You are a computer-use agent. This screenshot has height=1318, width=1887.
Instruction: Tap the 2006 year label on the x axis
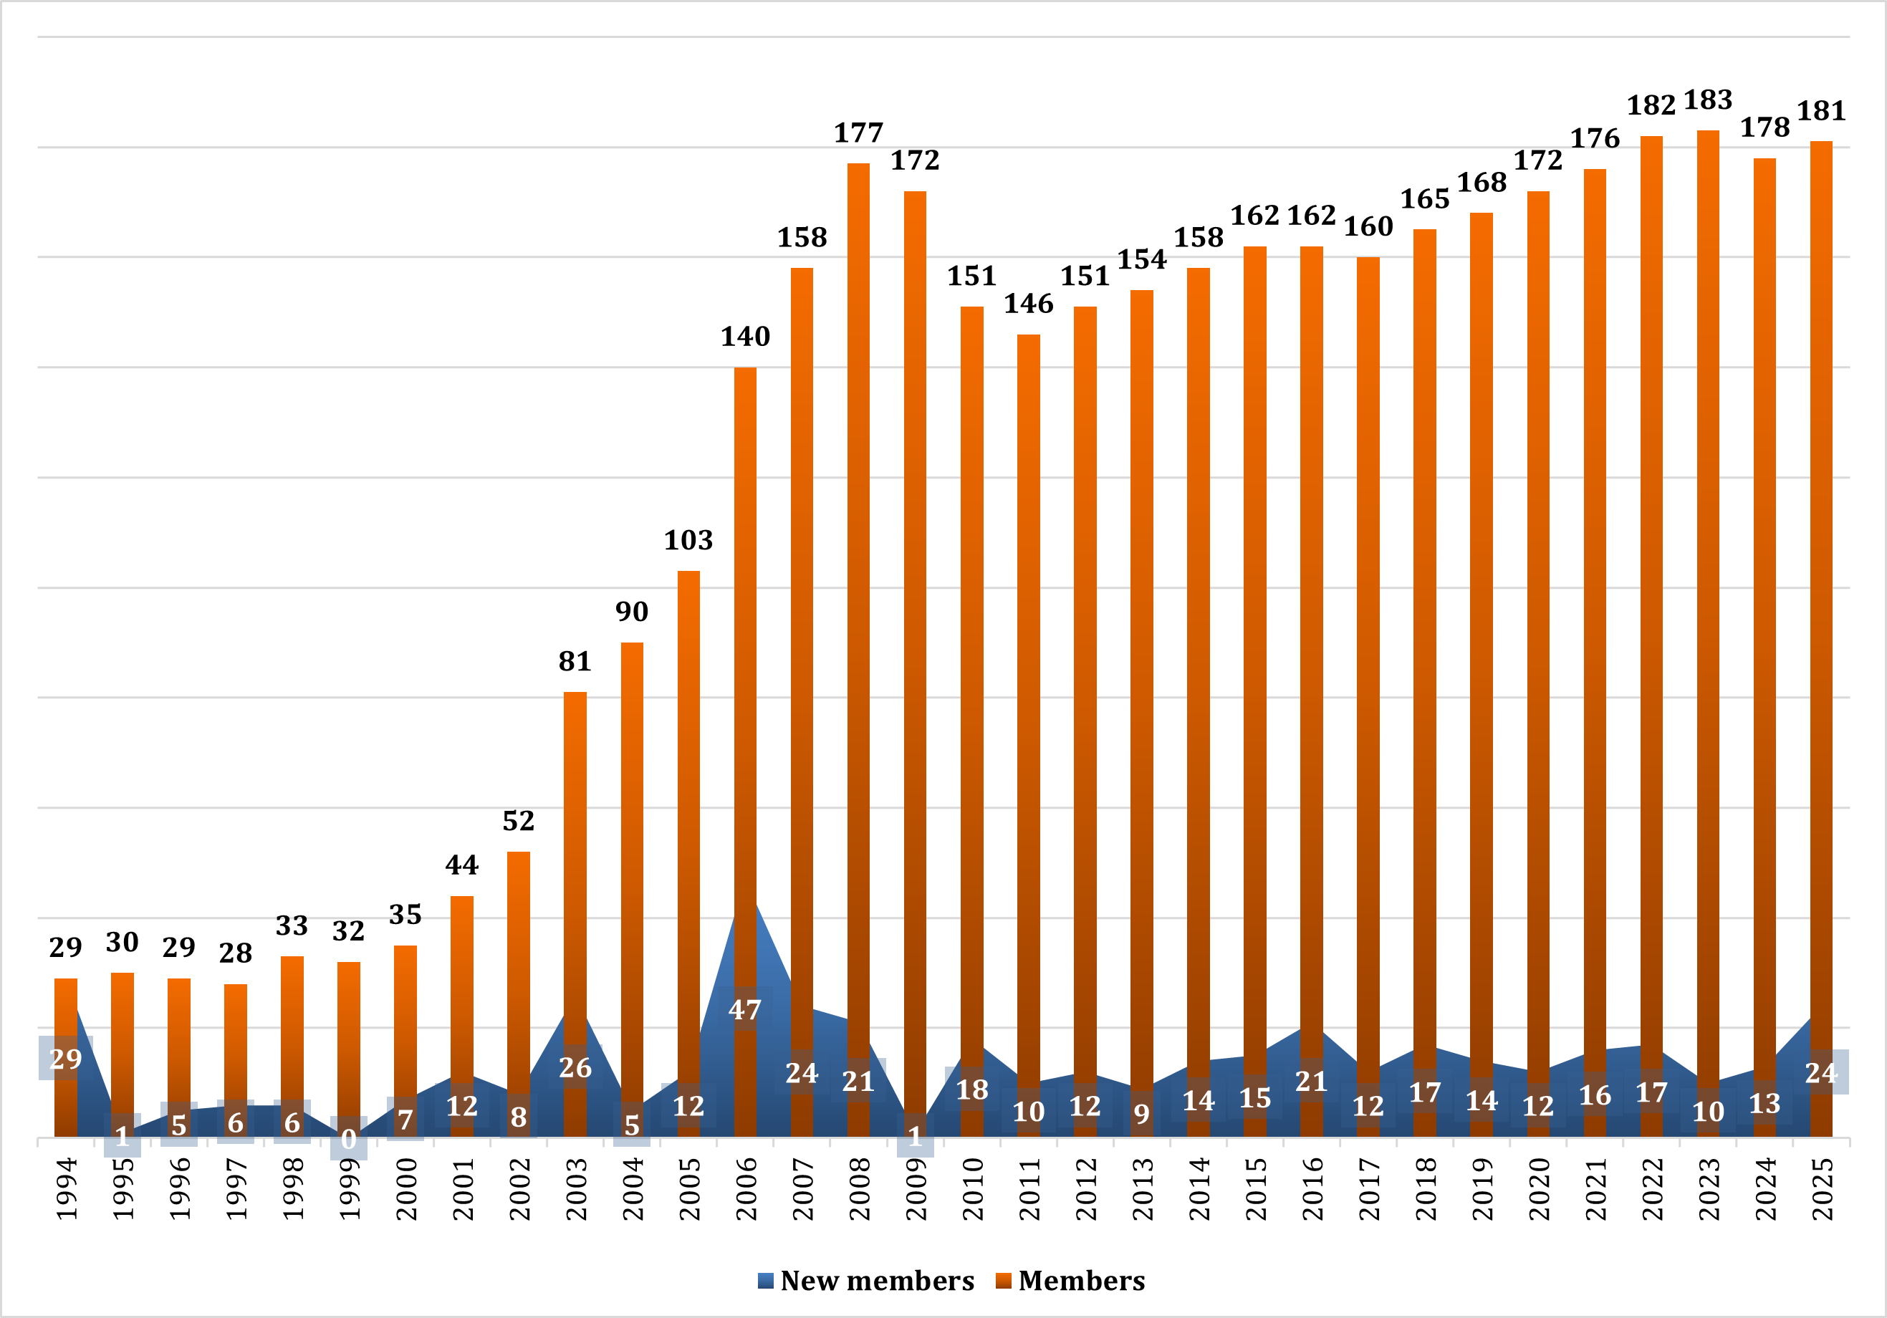click(x=746, y=1188)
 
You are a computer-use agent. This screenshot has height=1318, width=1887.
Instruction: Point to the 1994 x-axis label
click(x=67, y=1188)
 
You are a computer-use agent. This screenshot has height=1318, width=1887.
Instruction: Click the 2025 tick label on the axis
click(x=1822, y=1188)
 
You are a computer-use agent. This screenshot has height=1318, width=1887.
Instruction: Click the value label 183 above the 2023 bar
click(x=1708, y=100)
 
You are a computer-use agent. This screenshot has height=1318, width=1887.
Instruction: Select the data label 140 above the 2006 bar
click(x=746, y=336)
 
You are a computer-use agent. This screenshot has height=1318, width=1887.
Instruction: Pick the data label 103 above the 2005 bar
click(x=688, y=540)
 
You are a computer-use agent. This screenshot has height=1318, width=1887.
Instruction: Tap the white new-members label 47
click(x=746, y=1010)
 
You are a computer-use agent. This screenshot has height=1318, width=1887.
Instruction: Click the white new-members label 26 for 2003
click(x=575, y=1067)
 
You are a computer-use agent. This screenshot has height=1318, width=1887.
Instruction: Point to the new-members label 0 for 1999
click(x=348, y=1139)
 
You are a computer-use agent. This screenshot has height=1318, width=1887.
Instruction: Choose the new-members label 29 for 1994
click(x=66, y=1059)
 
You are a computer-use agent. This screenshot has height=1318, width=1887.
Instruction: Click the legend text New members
click(x=877, y=1281)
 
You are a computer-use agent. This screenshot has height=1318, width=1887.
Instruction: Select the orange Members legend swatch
click(x=1003, y=1281)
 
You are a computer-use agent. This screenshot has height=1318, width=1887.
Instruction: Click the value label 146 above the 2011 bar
click(x=1028, y=304)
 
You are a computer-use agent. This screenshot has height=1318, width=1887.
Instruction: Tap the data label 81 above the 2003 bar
click(x=575, y=661)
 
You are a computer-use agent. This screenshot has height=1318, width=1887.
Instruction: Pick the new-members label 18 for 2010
click(x=972, y=1089)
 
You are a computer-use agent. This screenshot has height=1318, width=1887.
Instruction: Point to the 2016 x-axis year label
click(x=1312, y=1188)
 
